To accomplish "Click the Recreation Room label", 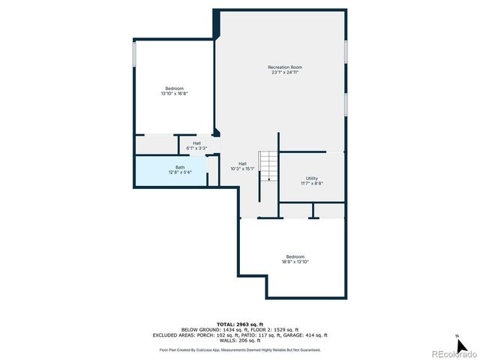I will point(285,67).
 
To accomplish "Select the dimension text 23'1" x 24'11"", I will point(285,73).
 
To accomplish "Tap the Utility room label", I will point(312,178).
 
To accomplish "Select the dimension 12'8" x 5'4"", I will point(180,172).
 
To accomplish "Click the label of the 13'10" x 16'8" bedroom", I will point(174,88).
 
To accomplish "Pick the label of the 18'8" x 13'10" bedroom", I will point(295,256).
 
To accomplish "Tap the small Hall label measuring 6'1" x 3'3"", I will point(196,142).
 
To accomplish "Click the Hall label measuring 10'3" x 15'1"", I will point(242,163).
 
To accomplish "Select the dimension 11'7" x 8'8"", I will point(312,184).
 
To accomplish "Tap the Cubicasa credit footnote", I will point(240,349).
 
